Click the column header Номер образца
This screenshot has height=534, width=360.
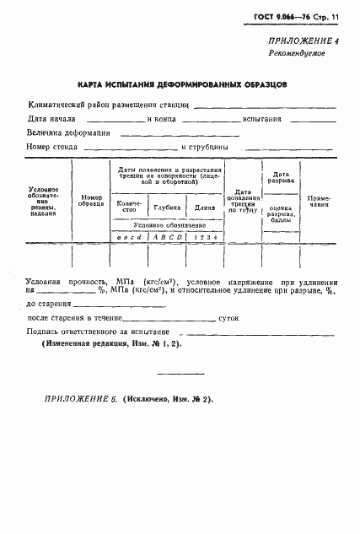91,199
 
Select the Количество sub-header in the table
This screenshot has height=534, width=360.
131,207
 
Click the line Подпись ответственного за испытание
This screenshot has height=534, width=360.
94,332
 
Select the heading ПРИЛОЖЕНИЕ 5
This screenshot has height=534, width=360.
79,397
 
